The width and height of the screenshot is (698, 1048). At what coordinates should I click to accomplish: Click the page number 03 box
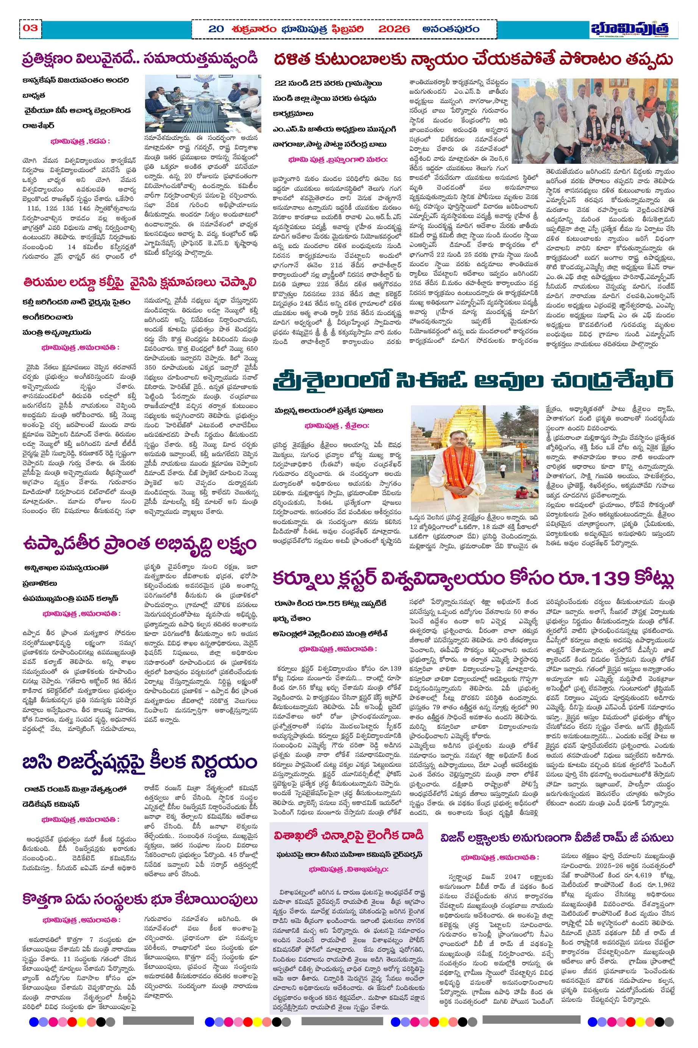tap(30, 28)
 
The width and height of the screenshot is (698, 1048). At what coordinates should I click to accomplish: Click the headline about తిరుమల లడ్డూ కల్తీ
tap(140, 282)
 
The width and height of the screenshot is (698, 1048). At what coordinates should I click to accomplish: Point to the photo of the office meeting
tap(203, 104)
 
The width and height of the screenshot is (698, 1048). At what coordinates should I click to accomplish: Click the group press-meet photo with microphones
tap(594, 121)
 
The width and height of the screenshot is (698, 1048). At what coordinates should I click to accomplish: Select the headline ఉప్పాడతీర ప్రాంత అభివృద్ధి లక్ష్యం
tap(140, 544)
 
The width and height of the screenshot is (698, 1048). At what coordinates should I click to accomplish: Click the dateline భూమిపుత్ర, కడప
tap(80, 141)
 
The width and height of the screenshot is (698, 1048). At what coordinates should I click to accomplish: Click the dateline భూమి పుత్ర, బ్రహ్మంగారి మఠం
tap(338, 160)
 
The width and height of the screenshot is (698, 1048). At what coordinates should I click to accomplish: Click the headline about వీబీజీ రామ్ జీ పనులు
tap(557, 838)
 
